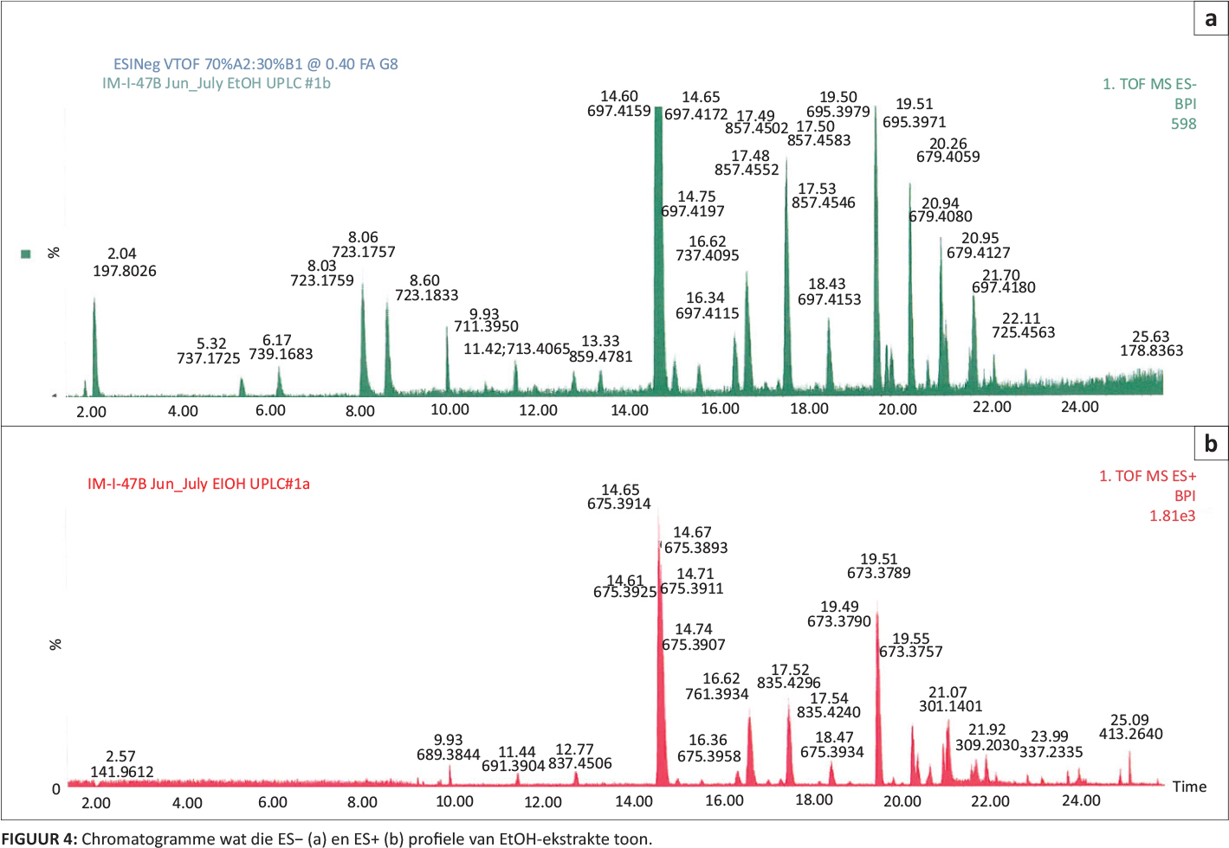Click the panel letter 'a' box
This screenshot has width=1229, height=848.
pos(1210,19)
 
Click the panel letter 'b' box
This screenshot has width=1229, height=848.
pos(1210,444)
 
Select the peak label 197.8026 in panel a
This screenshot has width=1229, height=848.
pos(125,271)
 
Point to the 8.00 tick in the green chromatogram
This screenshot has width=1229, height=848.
pos(360,411)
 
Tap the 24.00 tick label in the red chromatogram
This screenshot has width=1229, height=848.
pos(1081,801)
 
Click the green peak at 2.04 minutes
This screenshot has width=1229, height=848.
pos(94,346)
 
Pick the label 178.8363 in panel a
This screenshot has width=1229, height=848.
pos(1151,350)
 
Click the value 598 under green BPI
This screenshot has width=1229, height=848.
pos(1183,124)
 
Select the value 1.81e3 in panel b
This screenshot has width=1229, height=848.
pos(1172,516)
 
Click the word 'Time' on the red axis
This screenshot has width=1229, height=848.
pos(1189,787)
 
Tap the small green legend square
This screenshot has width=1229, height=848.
pos(26,254)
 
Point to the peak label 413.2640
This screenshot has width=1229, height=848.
pos(1131,734)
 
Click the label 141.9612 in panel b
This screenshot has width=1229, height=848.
pos(122,772)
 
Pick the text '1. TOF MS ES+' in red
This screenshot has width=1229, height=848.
pos(1148,476)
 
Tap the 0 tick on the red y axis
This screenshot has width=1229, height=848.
pos(56,788)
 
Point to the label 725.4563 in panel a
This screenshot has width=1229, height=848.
pos(1024,332)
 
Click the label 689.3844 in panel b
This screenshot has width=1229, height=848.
pos(449,755)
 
